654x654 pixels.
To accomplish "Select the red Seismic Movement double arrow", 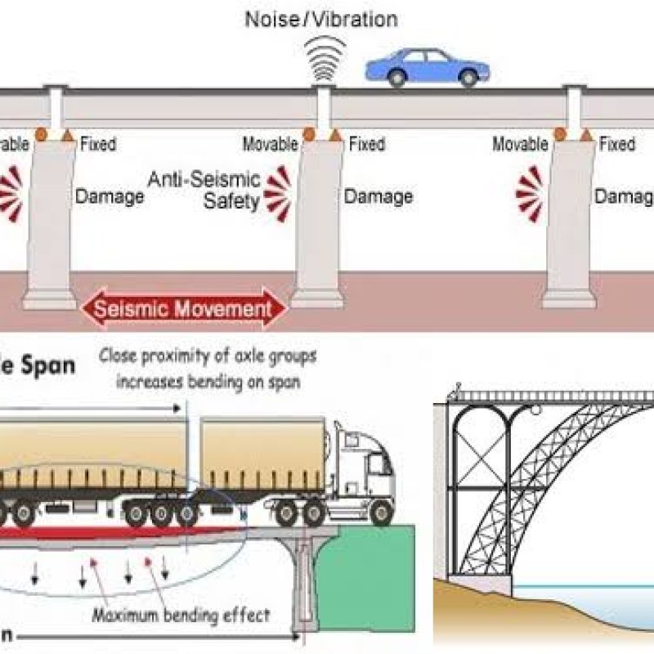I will point(184,309).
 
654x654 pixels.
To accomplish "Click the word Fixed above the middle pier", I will point(366,145).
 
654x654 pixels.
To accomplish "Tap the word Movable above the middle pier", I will point(270,145).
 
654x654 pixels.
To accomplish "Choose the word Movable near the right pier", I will point(520,145).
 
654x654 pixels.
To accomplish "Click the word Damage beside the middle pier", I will point(378,196).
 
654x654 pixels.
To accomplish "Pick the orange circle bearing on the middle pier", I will point(309,133).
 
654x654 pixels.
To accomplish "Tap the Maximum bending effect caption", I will point(181,615).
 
